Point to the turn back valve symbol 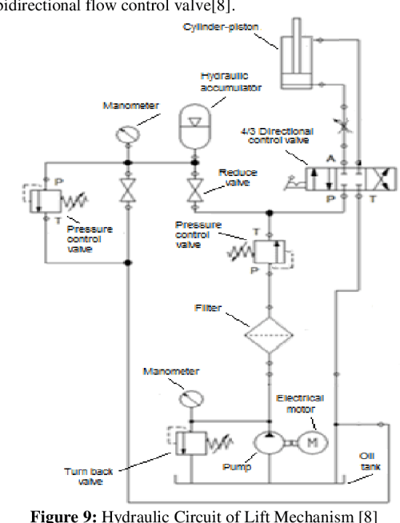(184, 441)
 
